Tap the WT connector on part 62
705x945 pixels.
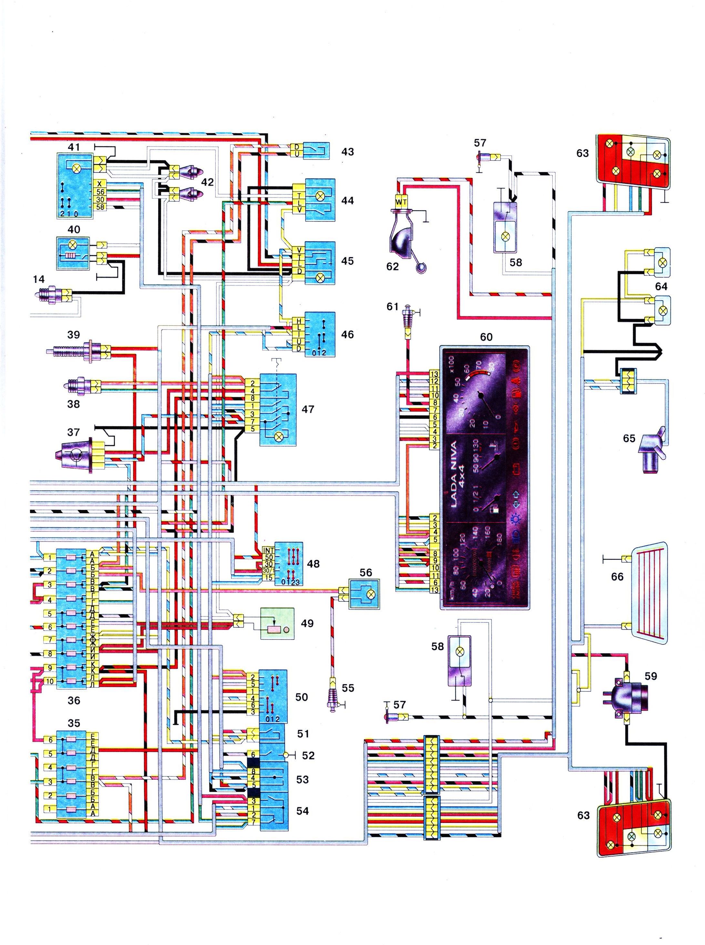tap(401, 202)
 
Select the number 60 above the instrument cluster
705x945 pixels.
tap(486, 337)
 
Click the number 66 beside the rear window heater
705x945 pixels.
tap(617, 577)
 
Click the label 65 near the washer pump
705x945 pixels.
tap(629, 438)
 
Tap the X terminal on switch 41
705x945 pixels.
tap(99, 184)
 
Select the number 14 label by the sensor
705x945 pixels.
tap(38, 279)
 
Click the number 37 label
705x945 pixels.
tap(73, 432)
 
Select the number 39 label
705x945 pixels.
tap(73, 334)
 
